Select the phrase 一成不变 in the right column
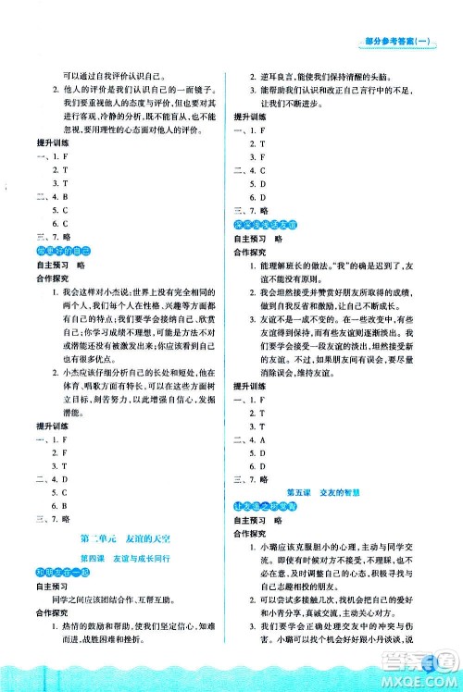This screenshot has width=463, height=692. click(309, 320)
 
